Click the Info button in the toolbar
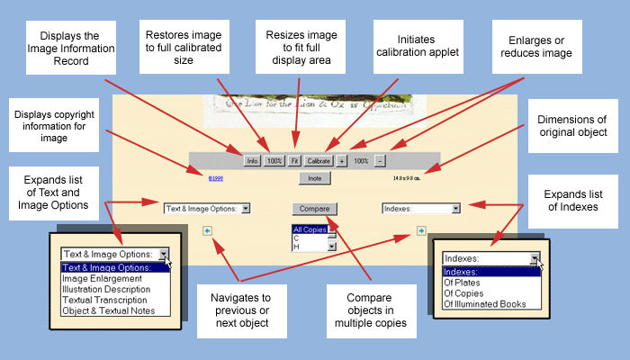(x=252, y=160)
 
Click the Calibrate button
(x=319, y=160)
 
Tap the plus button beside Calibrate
(x=342, y=160)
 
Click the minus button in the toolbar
(x=380, y=160)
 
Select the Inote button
(x=314, y=178)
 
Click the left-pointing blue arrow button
(x=208, y=230)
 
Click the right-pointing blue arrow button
(x=421, y=230)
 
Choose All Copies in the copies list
(x=309, y=230)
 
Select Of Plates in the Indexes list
(x=463, y=282)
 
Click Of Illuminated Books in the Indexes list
(x=484, y=303)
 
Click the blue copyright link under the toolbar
(x=216, y=178)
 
